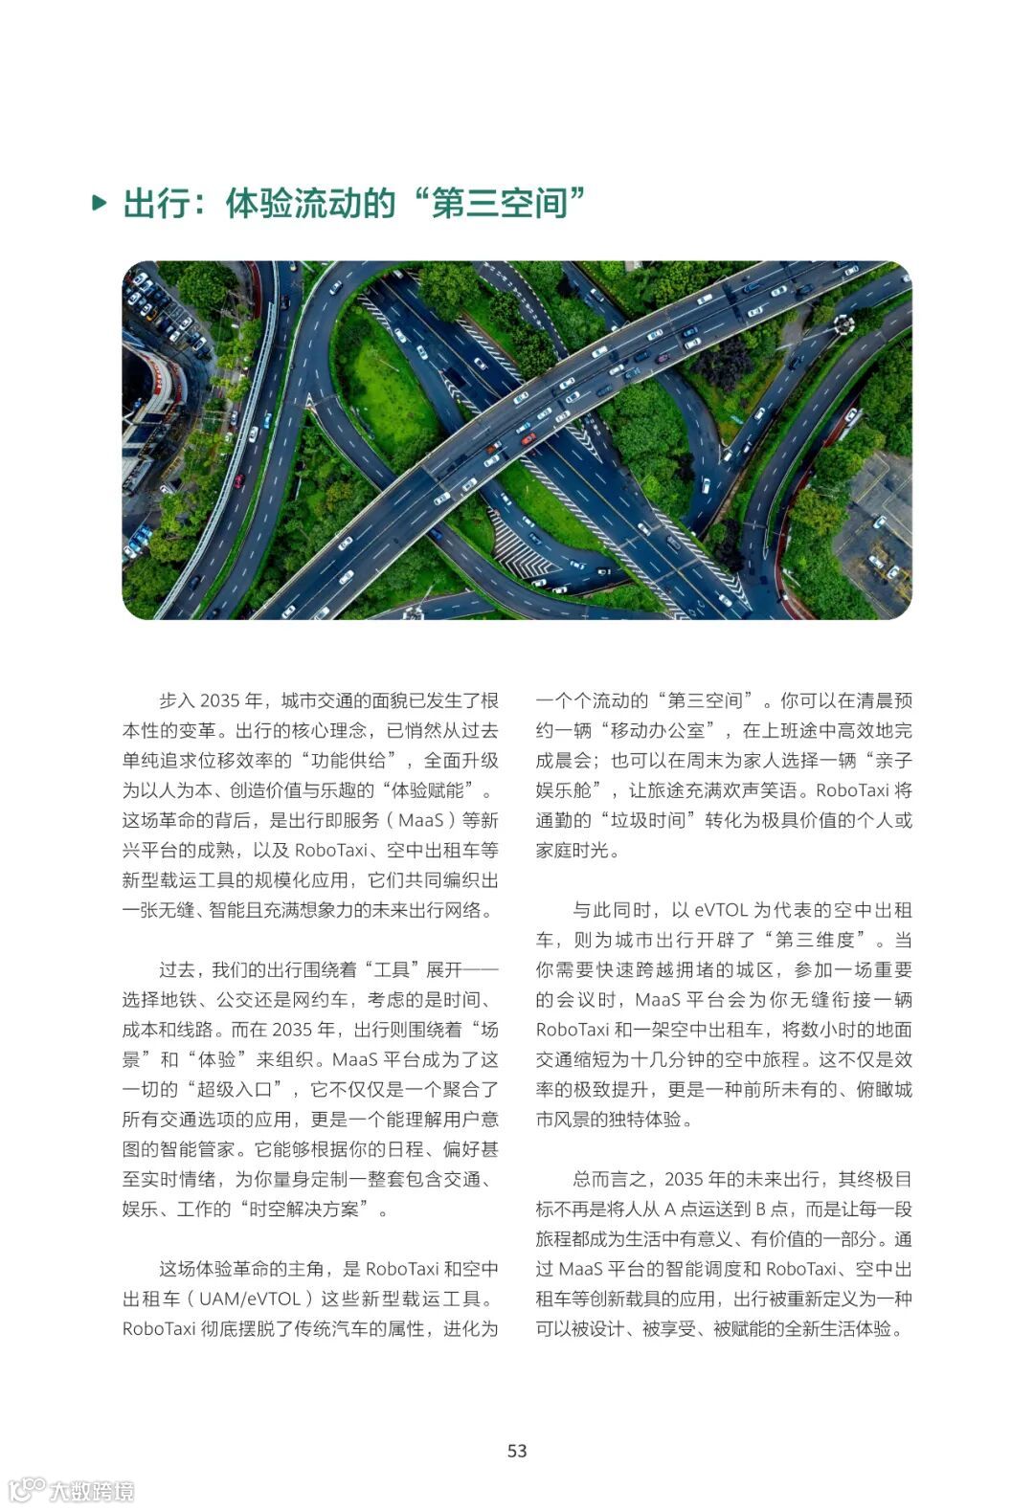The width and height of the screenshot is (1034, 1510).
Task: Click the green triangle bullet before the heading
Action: (x=99, y=203)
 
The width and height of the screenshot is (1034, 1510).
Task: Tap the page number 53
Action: (x=517, y=1451)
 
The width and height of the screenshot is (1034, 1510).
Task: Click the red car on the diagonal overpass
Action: (x=528, y=439)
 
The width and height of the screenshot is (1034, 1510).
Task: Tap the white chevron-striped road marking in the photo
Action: (x=519, y=553)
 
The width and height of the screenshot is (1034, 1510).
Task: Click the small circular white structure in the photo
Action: (x=843, y=324)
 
